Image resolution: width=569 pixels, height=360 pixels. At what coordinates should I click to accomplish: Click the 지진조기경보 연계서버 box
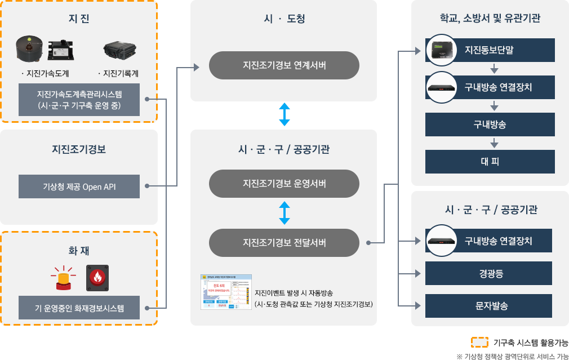(x=284, y=65)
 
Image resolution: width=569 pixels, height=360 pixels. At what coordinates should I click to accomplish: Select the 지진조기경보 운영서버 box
(x=284, y=184)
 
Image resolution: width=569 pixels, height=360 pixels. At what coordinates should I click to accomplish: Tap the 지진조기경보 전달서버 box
(x=284, y=243)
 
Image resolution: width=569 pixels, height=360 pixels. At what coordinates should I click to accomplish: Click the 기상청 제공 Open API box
(x=79, y=186)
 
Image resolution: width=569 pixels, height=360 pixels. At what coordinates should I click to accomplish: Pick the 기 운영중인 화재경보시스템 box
(x=79, y=308)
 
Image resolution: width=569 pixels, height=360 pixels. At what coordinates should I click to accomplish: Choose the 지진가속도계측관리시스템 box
(x=79, y=100)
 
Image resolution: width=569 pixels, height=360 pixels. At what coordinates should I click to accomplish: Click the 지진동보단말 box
(x=489, y=50)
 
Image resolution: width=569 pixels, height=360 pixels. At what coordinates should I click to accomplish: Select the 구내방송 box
(x=489, y=125)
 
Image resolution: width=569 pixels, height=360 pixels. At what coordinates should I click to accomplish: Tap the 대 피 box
(x=489, y=162)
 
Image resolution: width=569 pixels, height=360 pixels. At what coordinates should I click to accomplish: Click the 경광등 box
(x=489, y=274)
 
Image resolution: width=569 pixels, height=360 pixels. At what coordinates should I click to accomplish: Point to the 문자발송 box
(x=489, y=306)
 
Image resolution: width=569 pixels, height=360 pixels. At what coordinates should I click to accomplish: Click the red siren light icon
(x=63, y=278)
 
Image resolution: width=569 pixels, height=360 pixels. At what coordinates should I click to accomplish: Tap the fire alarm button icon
(x=97, y=277)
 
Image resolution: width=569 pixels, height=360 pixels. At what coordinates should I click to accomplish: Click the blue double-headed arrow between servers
(x=284, y=214)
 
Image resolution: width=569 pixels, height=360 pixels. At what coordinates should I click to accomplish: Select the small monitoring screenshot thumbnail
(x=226, y=292)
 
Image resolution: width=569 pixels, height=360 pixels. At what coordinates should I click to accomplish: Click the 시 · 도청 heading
(x=284, y=19)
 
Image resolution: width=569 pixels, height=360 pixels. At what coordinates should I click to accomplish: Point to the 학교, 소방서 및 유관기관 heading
(x=490, y=18)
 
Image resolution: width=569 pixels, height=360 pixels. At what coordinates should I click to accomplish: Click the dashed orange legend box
(x=479, y=341)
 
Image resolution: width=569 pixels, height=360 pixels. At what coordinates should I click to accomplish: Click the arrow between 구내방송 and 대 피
(x=494, y=143)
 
